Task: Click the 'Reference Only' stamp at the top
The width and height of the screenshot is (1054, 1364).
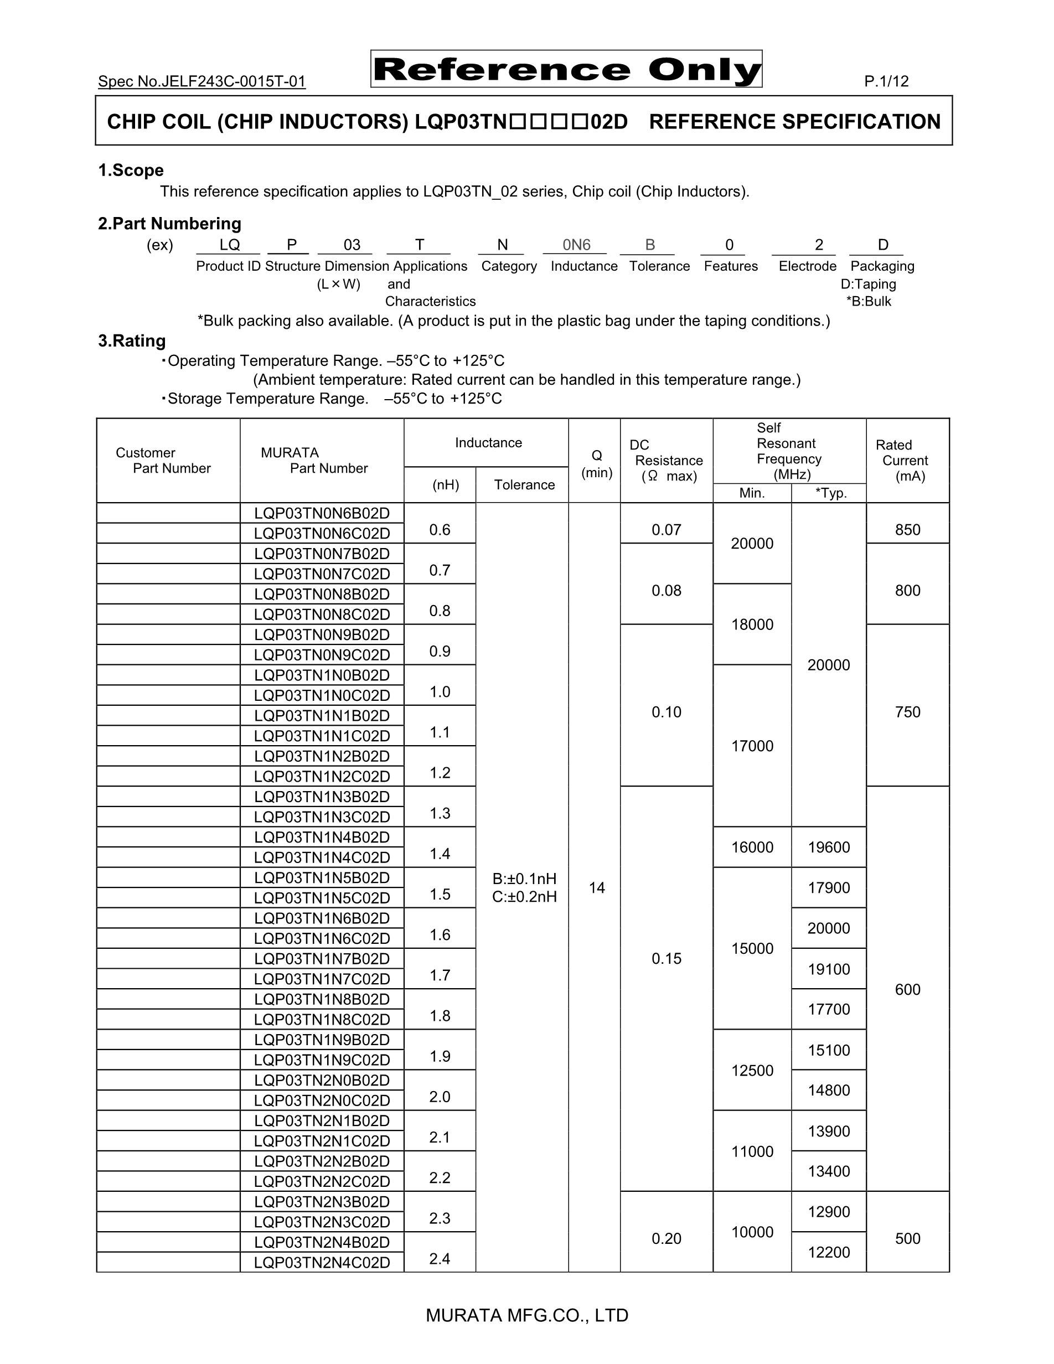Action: coord(566,69)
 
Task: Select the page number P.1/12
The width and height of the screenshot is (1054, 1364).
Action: coord(886,81)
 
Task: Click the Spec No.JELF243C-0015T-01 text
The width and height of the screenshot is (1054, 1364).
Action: coord(201,81)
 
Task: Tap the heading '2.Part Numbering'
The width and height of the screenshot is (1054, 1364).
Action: coord(169,224)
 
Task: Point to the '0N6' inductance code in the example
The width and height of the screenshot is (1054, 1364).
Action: coord(576,245)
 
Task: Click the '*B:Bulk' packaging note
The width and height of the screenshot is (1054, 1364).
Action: coord(869,302)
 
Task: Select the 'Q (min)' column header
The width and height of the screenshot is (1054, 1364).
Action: coord(596,464)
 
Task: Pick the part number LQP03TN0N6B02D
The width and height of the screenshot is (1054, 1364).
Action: coord(322,513)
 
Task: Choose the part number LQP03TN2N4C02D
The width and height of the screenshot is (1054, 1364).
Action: coord(322,1263)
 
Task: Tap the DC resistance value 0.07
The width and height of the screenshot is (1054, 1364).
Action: coord(666,530)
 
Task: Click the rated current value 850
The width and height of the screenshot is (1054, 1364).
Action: coord(907,530)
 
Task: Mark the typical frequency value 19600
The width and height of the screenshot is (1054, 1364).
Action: coord(829,848)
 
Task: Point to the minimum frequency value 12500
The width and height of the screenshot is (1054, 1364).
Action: coord(752,1071)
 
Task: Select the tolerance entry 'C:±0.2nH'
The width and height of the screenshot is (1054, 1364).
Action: coord(524,897)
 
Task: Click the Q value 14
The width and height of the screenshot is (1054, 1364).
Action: coord(596,887)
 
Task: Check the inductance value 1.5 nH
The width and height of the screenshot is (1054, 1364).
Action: coord(440,895)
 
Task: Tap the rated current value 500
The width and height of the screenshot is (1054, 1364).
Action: coord(907,1238)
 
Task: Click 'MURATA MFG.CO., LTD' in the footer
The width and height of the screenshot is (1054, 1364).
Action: coord(527,1315)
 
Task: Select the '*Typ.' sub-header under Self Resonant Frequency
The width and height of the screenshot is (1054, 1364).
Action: coord(830,493)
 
